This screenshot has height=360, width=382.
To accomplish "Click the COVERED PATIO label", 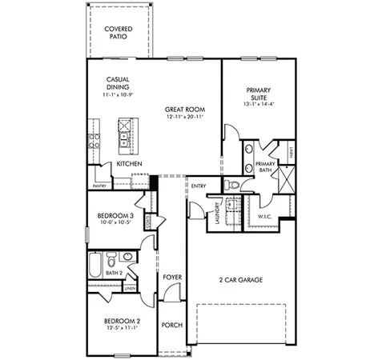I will click(119, 33).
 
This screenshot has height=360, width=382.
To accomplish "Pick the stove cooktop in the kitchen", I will click(93, 141).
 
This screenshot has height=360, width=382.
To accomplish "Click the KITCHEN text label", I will click(129, 164).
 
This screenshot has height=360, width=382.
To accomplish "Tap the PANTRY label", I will click(100, 186).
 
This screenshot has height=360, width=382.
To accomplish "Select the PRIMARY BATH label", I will click(265, 166).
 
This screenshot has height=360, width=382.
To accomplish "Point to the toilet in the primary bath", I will click(232, 184).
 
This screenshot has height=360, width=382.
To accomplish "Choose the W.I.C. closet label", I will click(264, 217).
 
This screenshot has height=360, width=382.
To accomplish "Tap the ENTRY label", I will click(199, 186).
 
